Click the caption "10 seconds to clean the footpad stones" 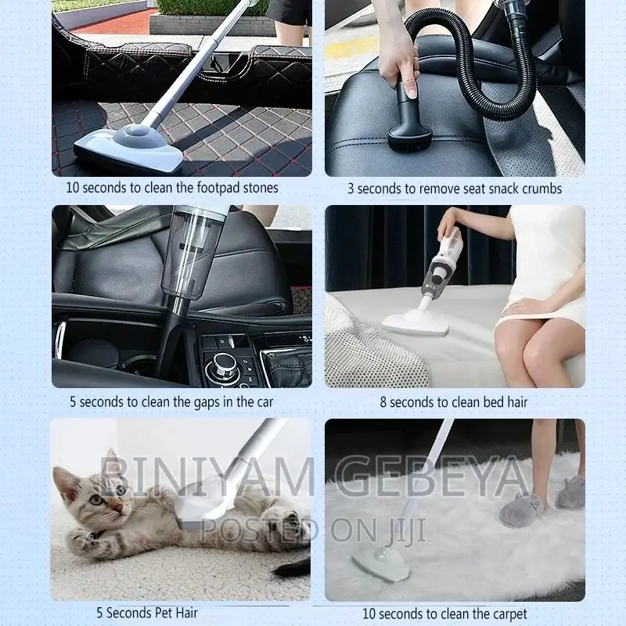(171, 188)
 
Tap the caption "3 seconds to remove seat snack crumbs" (455, 189)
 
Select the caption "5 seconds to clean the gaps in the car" (171, 402)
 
